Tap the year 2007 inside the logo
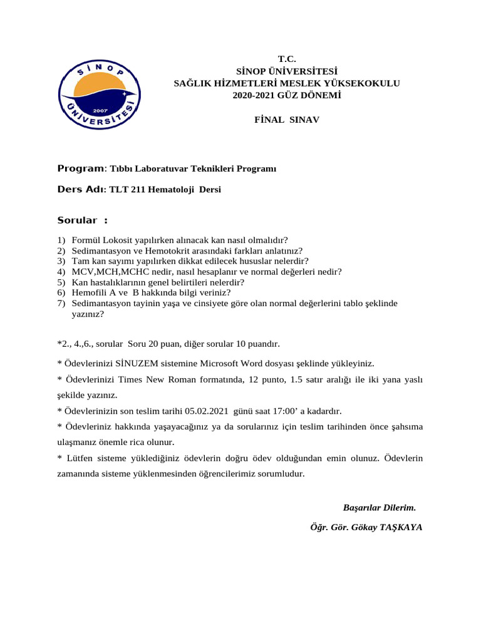point(97,108)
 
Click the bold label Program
point(80,168)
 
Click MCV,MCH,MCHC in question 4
point(108,272)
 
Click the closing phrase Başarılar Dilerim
point(379,506)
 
